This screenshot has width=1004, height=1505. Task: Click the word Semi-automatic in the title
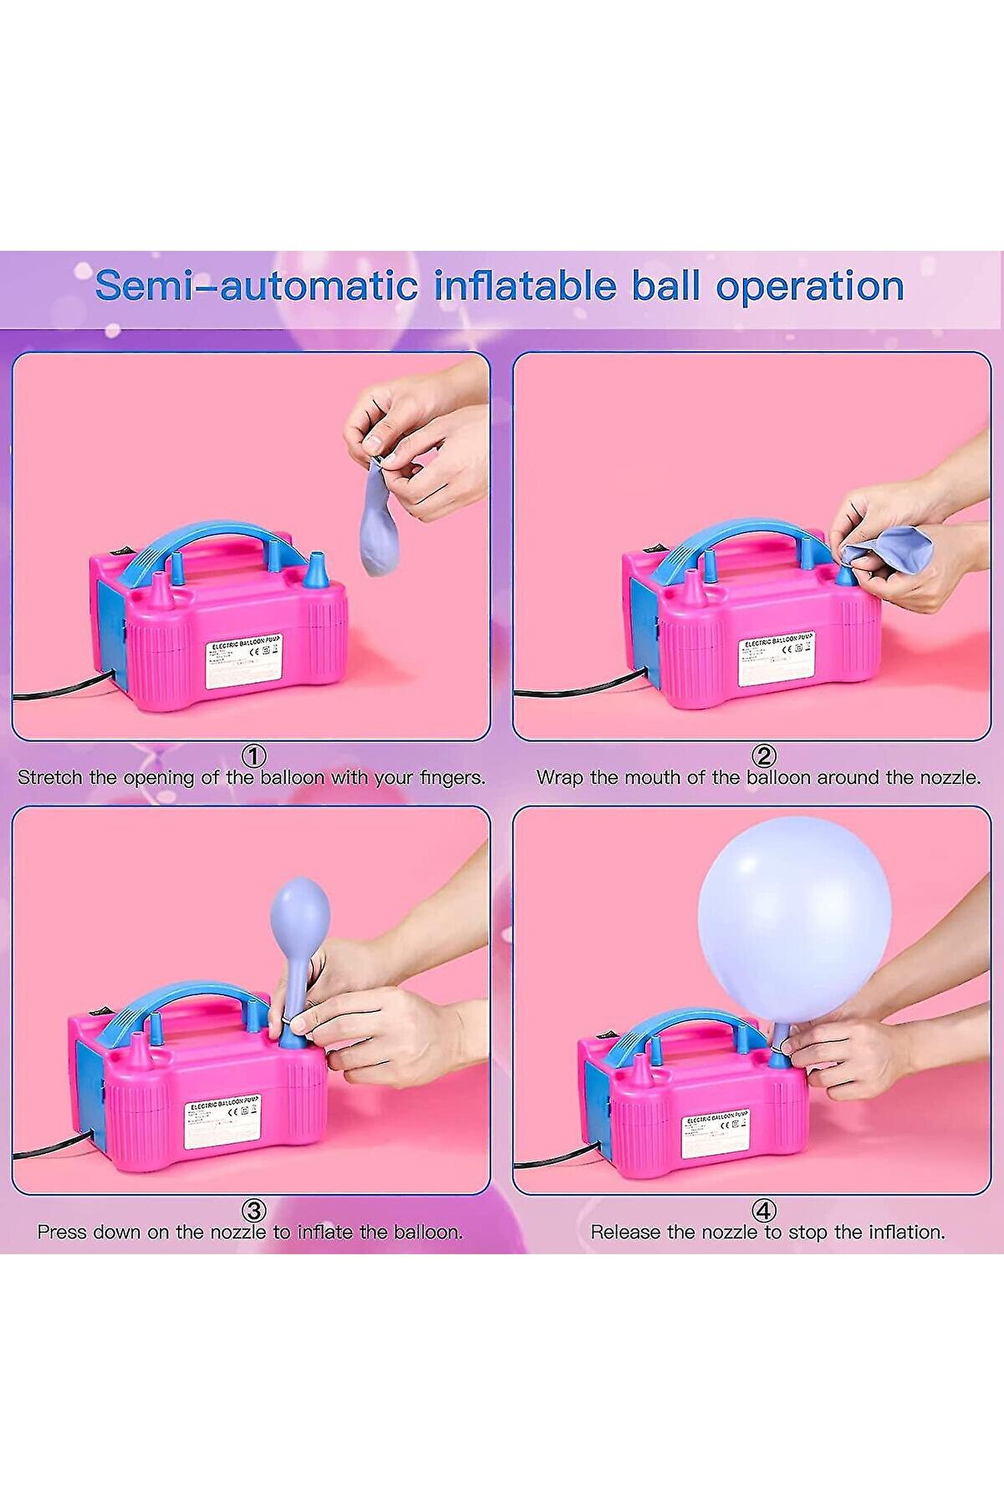[x=255, y=286]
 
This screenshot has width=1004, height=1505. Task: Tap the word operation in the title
[x=809, y=286]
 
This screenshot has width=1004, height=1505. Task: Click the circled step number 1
[x=253, y=756]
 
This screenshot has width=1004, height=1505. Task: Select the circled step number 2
[x=763, y=756]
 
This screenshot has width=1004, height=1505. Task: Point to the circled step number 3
[x=253, y=1211]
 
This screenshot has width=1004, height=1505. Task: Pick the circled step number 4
[x=763, y=1211]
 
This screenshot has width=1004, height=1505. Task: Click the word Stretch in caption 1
[x=50, y=777]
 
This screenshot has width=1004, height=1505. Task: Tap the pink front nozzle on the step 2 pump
[x=695, y=588]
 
